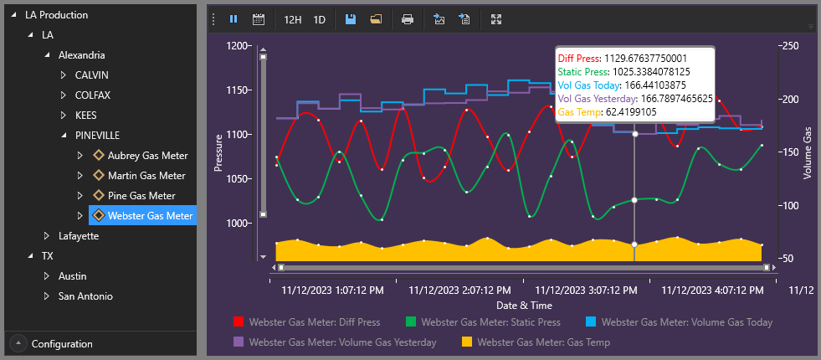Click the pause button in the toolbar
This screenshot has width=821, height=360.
pos(233,19)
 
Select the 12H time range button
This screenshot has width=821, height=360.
pos(293,20)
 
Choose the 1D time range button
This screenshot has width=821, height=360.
pos(320,20)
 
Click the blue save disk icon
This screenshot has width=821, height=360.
pos(351,19)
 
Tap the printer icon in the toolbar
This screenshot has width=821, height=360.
pos(408,19)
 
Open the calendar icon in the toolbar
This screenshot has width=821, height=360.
pos(258,19)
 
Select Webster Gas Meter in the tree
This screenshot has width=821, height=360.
pos(151,215)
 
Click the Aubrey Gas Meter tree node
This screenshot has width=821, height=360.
pos(147,156)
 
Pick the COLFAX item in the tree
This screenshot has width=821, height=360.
pos(93,95)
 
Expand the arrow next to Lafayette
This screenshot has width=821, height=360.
pos(47,236)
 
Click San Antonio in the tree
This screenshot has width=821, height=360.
pos(85,296)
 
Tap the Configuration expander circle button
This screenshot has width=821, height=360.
pos(19,343)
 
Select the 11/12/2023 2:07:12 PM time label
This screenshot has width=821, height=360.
pos(459,290)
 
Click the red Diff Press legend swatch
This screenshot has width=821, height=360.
pos(239,322)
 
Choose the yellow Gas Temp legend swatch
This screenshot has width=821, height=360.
pos(467,342)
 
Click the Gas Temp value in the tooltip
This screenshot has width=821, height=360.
pos(631,112)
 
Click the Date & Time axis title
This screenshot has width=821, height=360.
pos(524,305)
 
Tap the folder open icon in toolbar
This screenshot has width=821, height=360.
pos(376,19)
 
